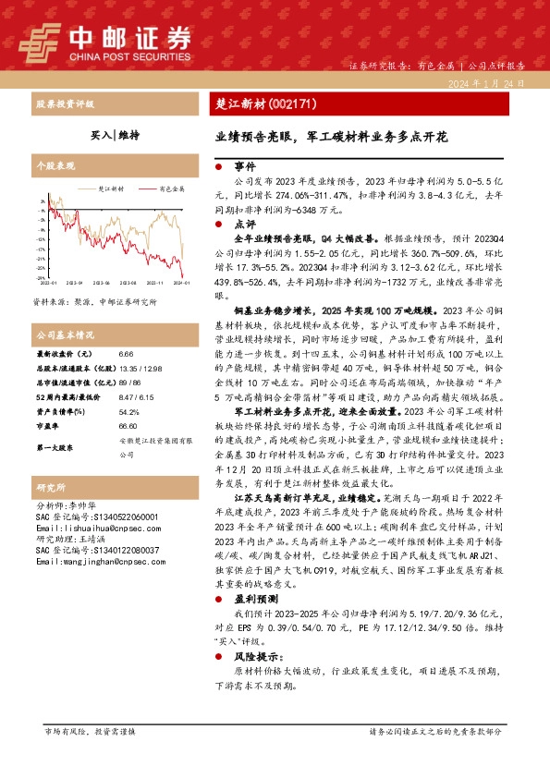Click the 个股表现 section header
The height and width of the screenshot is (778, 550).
click(55, 167)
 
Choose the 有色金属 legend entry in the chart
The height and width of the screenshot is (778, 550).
click(172, 188)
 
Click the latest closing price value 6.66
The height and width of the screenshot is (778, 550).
click(128, 354)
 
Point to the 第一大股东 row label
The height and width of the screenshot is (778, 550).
click(54, 446)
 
